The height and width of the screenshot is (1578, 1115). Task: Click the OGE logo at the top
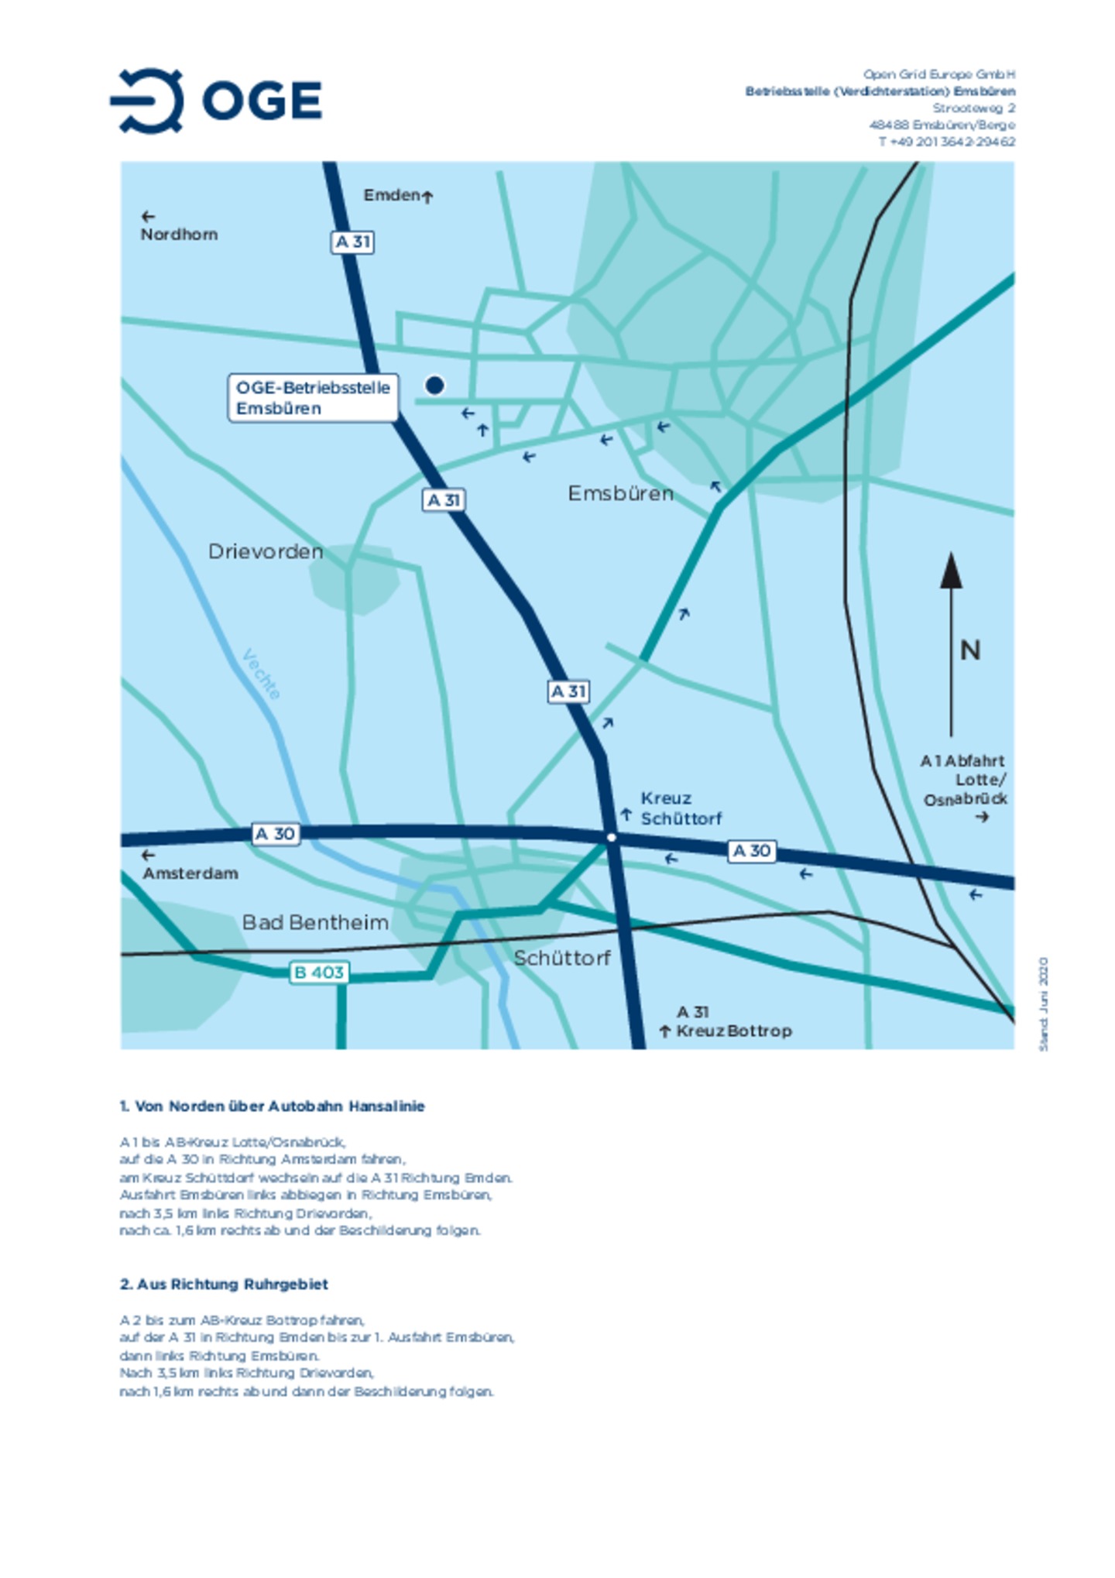point(216,101)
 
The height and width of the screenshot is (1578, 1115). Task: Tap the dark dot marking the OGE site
point(434,385)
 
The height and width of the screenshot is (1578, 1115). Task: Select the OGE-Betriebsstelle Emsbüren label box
point(313,397)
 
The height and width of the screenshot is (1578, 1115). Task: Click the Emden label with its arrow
point(397,195)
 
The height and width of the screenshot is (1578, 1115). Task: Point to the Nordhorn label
point(179,234)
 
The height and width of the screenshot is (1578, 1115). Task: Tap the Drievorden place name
point(266,551)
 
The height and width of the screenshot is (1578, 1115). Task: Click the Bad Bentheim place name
point(315,922)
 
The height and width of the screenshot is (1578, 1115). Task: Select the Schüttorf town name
point(562,958)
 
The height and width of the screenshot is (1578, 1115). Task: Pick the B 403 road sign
point(319,973)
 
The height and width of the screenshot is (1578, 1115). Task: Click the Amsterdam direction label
point(190,873)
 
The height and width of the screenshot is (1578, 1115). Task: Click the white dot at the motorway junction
point(611,837)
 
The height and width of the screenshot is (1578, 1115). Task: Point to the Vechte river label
point(261,674)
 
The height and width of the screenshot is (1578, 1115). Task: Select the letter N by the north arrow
point(970,650)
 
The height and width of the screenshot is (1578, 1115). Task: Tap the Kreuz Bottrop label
point(732,1031)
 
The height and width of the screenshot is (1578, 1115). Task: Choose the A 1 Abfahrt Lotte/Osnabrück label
point(964,780)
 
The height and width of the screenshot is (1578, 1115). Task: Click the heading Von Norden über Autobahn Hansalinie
point(272,1106)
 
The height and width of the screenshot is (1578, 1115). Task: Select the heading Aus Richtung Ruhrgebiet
point(224,1284)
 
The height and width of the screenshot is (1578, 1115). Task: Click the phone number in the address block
point(946,142)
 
